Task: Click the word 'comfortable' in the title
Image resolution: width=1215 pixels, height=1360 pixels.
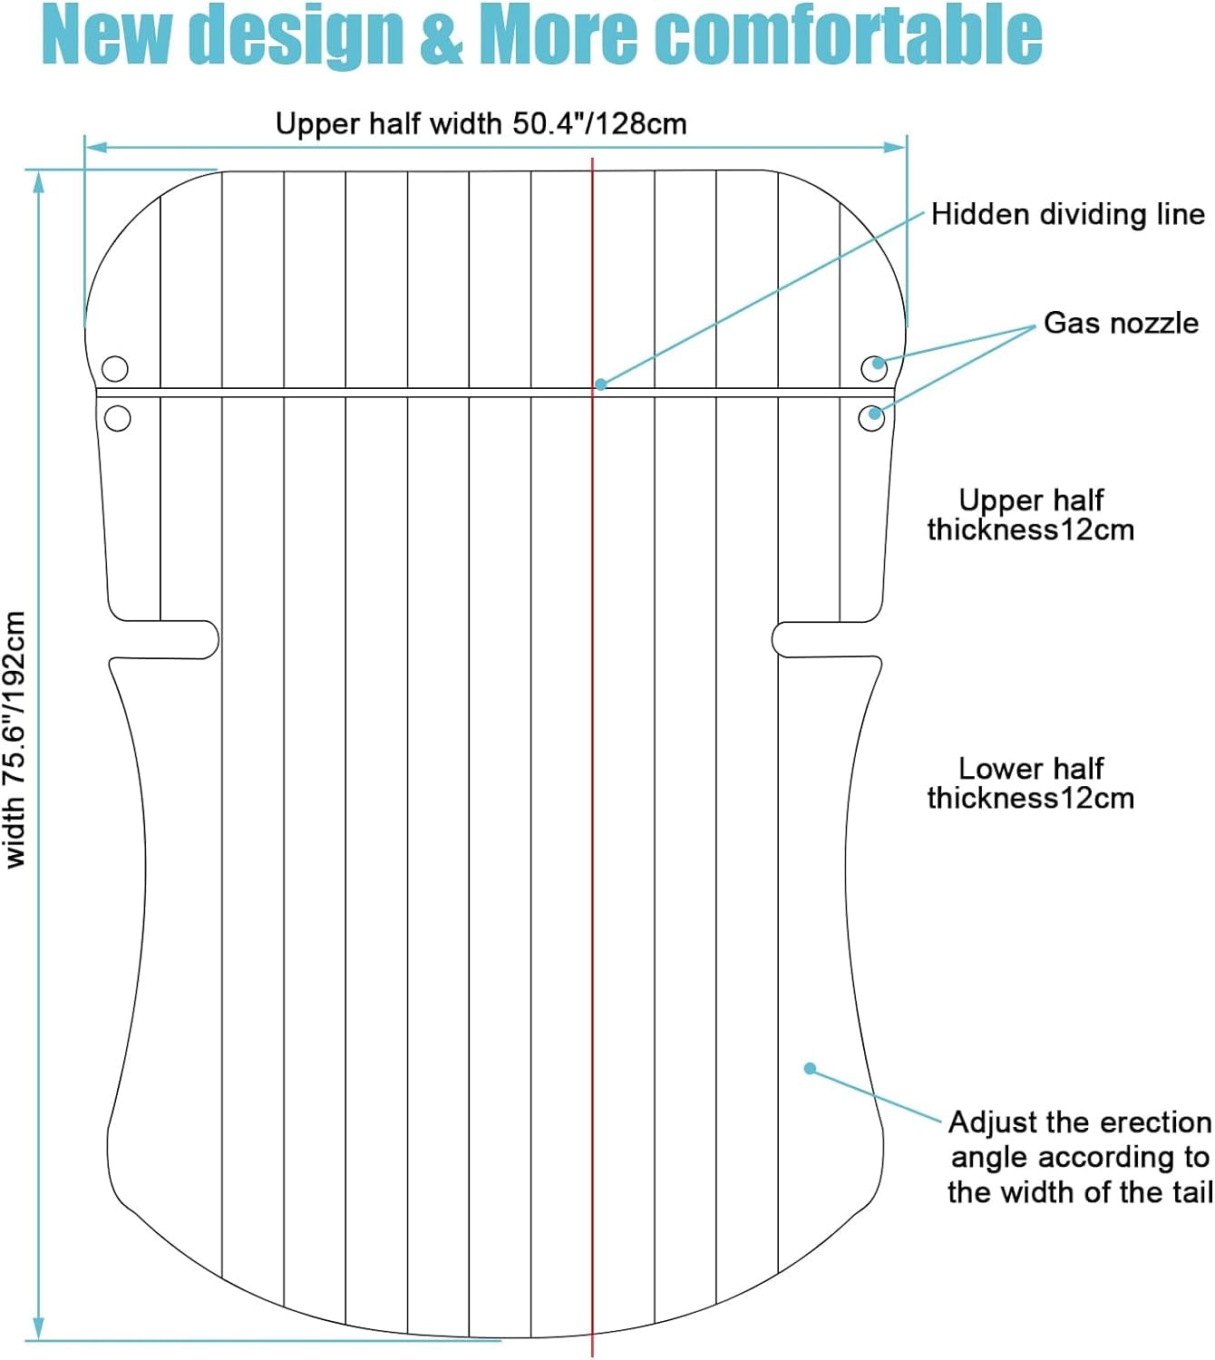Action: click(848, 35)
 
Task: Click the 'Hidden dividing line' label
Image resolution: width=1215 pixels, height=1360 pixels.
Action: click(1068, 215)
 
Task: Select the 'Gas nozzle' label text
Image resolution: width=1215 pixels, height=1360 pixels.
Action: click(1121, 324)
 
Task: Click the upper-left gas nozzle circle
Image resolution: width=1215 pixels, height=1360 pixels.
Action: click(115, 368)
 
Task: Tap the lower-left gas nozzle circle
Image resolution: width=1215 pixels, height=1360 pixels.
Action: click(118, 418)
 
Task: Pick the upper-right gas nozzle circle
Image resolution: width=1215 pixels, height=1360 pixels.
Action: click(874, 368)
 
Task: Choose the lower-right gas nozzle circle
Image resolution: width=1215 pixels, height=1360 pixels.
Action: click(871, 418)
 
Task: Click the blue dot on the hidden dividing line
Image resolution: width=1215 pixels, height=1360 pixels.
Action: click(601, 384)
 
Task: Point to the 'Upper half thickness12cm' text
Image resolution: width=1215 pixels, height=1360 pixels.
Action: click(1031, 515)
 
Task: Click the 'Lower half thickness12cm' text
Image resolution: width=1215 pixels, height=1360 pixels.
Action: click(1031, 783)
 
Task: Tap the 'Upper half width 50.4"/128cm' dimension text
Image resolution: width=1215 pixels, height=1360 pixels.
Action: click(481, 124)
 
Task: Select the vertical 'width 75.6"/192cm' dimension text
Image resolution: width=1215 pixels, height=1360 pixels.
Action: click(15, 740)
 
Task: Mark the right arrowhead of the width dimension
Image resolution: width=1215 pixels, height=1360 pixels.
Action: click(896, 147)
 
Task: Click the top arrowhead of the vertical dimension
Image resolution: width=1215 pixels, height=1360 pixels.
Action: click(38, 182)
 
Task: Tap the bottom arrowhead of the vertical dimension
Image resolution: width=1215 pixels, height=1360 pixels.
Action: click(38, 1328)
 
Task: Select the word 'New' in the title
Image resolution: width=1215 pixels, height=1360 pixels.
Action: click(106, 35)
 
